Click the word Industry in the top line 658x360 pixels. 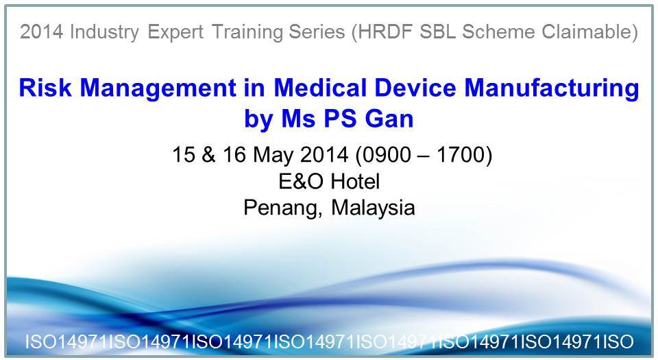click(104, 32)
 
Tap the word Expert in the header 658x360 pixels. click(175, 32)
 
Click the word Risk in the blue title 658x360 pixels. click(45, 88)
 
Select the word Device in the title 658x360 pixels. click(415, 88)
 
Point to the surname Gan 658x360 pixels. click(389, 119)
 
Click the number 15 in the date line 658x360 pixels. click(184, 154)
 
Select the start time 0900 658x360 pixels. click(387, 154)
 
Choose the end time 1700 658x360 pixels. click(461, 154)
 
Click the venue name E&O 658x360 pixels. click(301, 181)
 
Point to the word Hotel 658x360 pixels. click(355, 181)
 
